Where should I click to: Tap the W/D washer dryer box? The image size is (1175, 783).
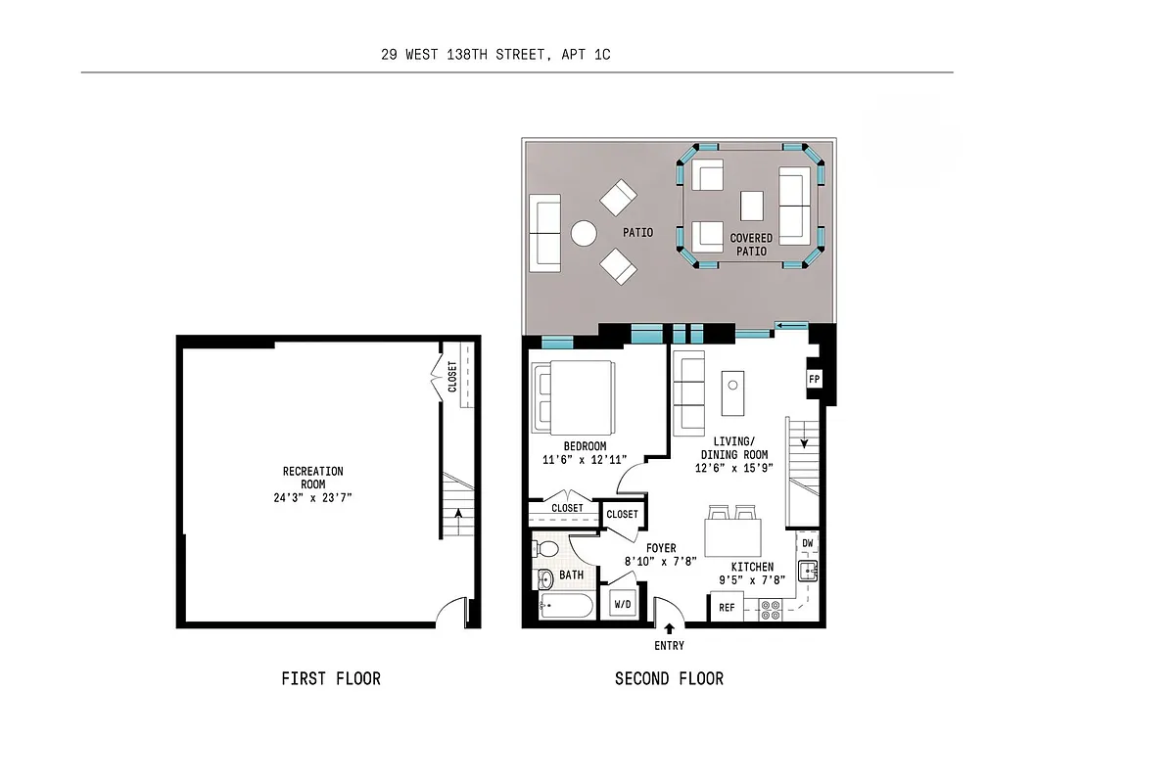click(x=623, y=605)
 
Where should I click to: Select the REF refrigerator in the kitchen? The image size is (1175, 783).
click(x=727, y=608)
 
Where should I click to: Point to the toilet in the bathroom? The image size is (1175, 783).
click(x=546, y=549)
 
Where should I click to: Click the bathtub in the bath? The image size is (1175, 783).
click(x=566, y=607)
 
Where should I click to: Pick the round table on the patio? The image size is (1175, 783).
click(x=585, y=234)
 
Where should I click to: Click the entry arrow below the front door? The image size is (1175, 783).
click(x=670, y=628)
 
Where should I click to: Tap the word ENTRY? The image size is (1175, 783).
click(x=670, y=646)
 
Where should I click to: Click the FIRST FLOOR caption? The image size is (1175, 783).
click(x=331, y=678)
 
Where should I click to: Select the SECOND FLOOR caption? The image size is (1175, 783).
click(x=670, y=678)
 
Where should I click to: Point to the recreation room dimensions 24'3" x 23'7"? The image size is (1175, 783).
click(x=313, y=497)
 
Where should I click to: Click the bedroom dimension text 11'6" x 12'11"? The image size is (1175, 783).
click(x=585, y=459)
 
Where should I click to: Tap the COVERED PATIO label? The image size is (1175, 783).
click(x=751, y=245)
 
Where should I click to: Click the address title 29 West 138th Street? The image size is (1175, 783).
click(x=495, y=55)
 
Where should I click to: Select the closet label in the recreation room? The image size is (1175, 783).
click(x=452, y=377)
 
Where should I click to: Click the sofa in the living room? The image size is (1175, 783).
click(x=689, y=392)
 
